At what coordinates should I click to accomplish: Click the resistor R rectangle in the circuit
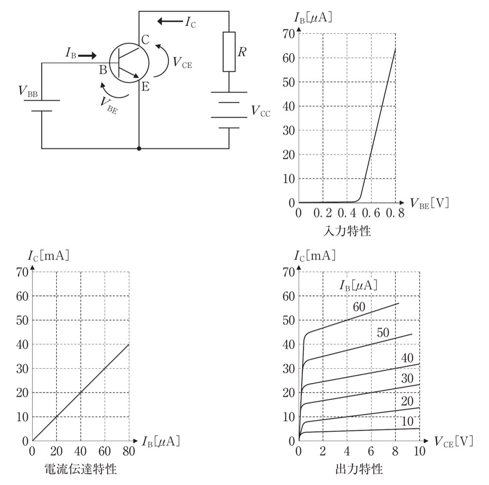[x=229, y=51]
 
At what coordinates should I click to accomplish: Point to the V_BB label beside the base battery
[x=28, y=91]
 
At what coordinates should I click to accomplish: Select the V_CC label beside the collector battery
[x=261, y=110]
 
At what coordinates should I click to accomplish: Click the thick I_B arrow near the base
[x=88, y=56]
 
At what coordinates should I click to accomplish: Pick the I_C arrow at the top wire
[x=170, y=21]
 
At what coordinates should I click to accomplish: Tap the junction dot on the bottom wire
[x=139, y=149]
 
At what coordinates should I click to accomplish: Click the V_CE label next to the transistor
[x=182, y=63]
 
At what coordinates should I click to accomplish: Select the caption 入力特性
[x=347, y=231]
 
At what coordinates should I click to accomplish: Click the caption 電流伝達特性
[x=81, y=469]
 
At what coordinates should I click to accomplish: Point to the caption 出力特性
[x=359, y=469]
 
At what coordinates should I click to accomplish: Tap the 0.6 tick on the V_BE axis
[x=371, y=213]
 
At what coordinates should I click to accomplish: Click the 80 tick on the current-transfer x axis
[x=129, y=451]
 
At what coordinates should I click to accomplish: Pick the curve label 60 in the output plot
[x=359, y=307]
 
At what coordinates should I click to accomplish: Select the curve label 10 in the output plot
[x=407, y=421]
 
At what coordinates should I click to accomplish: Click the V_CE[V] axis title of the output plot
[x=454, y=441]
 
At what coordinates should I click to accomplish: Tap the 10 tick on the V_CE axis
[x=420, y=451]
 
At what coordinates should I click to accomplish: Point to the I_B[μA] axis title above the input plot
[x=313, y=18]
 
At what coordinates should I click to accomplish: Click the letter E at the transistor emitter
[x=146, y=87]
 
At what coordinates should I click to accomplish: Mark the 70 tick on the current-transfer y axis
[x=22, y=272]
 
